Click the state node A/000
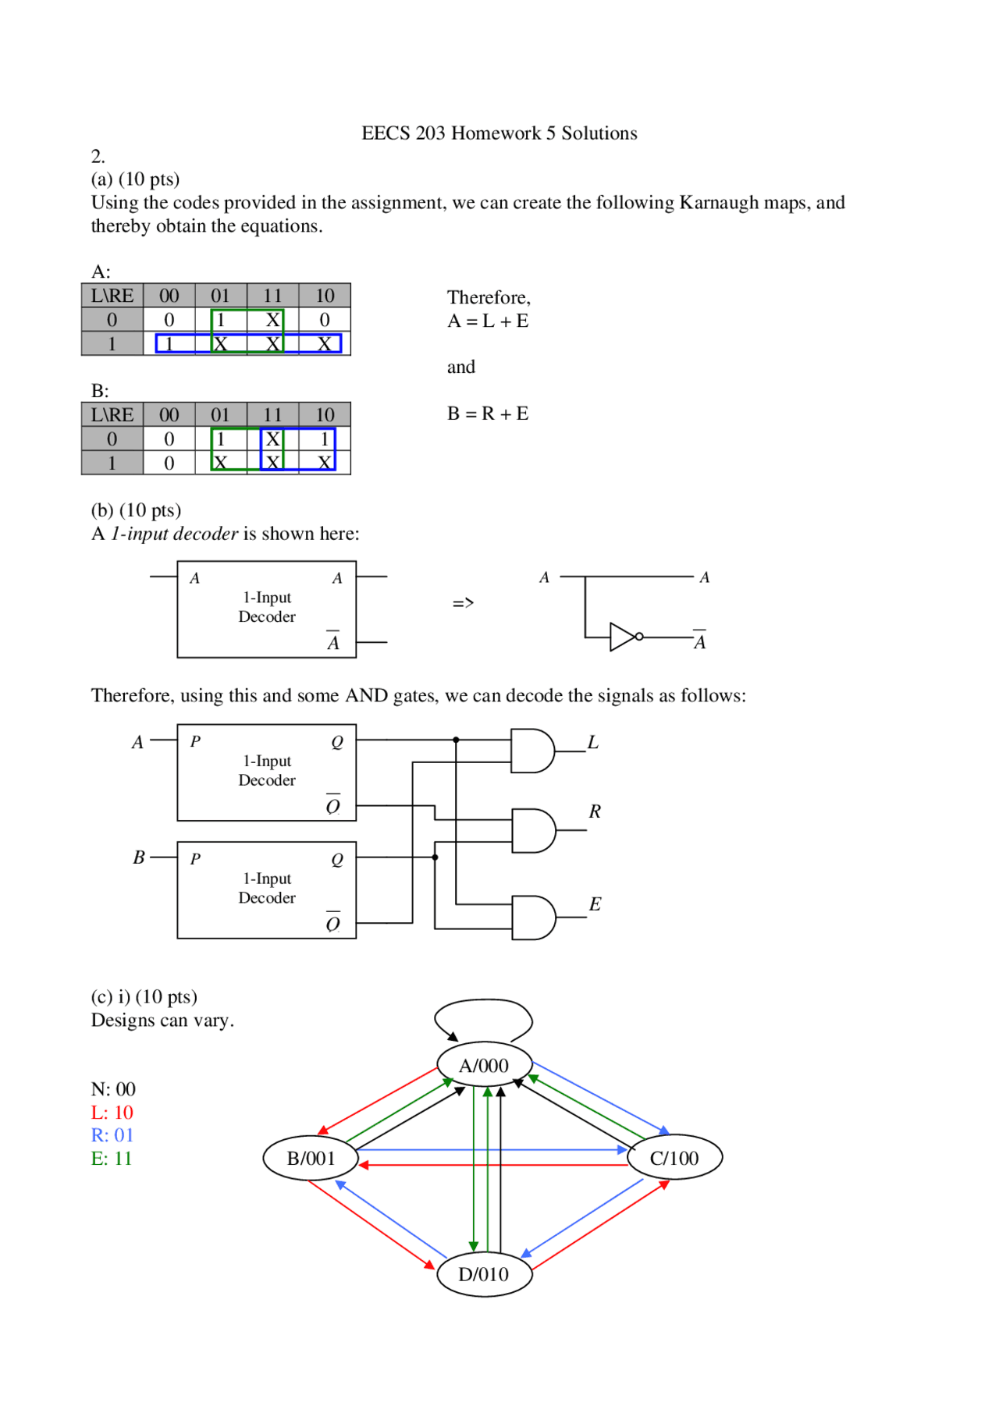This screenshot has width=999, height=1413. (x=484, y=1065)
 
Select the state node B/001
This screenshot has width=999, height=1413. (x=311, y=1158)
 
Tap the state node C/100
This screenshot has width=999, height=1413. (x=674, y=1158)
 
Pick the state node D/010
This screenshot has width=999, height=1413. (x=484, y=1274)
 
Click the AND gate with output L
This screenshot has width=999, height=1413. (x=532, y=751)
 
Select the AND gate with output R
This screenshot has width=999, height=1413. (x=533, y=830)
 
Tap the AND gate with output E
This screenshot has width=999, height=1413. (x=533, y=918)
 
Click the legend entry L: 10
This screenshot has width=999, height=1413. (x=112, y=1112)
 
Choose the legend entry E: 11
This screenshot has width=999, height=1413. (x=112, y=1159)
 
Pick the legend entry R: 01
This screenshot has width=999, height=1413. (x=112, y=1135)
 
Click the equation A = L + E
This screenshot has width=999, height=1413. (x=488, y=321)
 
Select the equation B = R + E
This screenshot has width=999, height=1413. (x=488, y=414)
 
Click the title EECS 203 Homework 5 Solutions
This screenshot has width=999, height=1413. (x=499, y=133)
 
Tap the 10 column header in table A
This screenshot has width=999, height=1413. (x=325, y=296)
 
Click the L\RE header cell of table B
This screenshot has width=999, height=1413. (x=112, y=414)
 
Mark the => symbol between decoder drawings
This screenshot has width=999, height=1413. (x=463, y=603)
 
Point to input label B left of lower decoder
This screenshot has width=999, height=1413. (x=139, y=857)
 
